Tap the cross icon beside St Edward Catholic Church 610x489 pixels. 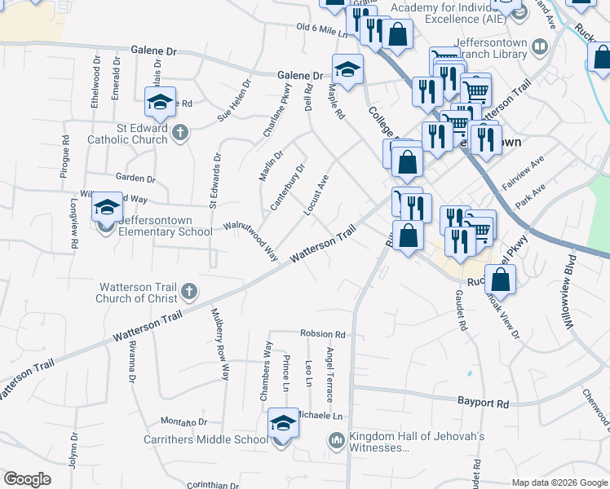pyautogui.click(x=180, y=130)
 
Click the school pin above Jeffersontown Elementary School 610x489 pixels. pyautogui.click(x=107, y=209)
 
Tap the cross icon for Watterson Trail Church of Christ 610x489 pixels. pyautogui.click(x=188, y=290)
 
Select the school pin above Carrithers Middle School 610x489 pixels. pyautogui.click(x=283, y=424)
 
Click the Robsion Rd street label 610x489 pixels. pyautogui.click(x=323, y=334)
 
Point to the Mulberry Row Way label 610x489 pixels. pyautogui.click(x=220, y=344)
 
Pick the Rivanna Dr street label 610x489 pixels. pyautogui.click(x=131, y=361)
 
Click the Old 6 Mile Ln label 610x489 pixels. pyautogui.click(x=322, y=30)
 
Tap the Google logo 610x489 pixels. pyautogui.click(x=28, y=479)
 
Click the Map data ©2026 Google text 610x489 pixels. pyautogui.click(x=559, y=482)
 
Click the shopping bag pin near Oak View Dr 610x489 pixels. pyautogui.click(x=501, y=280)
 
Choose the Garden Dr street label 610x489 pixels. pyautogui.click(x=135, y=178)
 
